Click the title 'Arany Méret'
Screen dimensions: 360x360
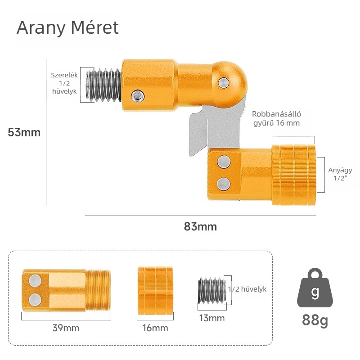coord(67,28)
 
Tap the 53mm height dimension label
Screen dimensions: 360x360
coord(24,132)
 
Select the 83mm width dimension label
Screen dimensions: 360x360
coord(200,226)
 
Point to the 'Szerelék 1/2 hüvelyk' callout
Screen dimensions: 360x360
coord(64,83)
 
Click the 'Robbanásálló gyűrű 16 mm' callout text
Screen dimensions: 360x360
coord(276,118)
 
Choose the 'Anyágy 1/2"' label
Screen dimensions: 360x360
coord(340,174)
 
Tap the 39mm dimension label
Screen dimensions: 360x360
coord(66,328)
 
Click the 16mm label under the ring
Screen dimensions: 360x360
coord(155,328)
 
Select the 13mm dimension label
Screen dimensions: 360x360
coord(211,319)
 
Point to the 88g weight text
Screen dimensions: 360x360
coord(315,320)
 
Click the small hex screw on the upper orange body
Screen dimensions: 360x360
coord(139,95)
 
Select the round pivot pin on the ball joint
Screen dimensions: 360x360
coord(223,82)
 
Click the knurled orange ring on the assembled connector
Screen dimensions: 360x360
coord(293,175)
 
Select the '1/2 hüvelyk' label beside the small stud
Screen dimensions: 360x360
coord(248,289)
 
